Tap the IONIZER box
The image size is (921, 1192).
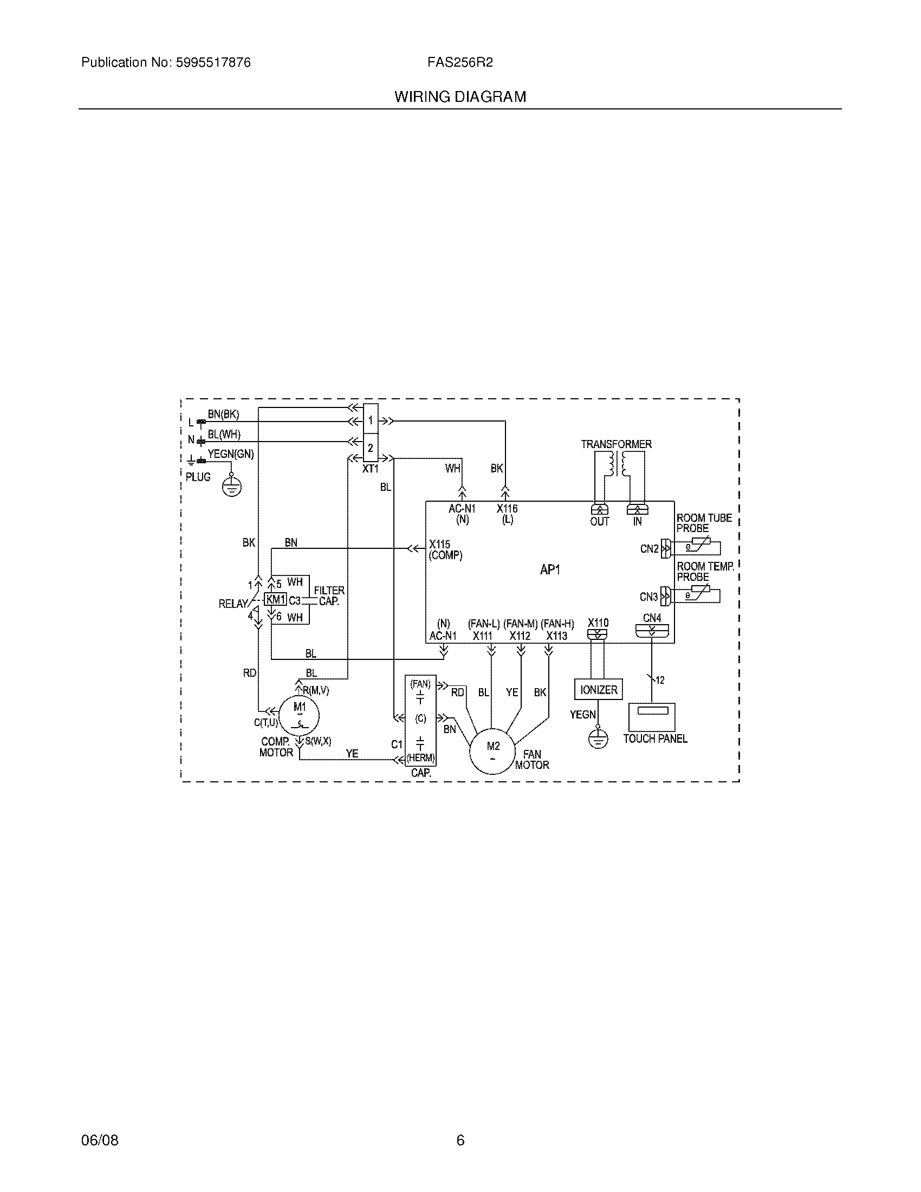pyautogui.click(x=599, y=689)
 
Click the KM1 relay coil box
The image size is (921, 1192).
pyautogui.click(x=276, y=599)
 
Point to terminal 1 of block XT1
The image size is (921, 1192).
pyautogui.click(x=371, y=420)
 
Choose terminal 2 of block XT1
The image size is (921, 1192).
pyautogui.click(x=371, y=448)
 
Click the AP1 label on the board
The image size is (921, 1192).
pyautogui.click(x=550, y=570)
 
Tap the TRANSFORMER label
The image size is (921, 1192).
pyautogui.click(x=616, y=444)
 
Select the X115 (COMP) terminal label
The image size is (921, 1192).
pyautogui.click(x=445, y=549)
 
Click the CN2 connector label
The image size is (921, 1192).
pyautogui.click(x=649, y=548)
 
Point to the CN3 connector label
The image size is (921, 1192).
pyautogui.click(x=648, y=597)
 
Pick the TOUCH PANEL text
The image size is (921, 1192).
pyautogui.click(x=656, y=738)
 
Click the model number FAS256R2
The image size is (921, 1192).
pyautogui.click(x=460, y=63)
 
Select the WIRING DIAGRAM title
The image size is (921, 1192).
pyautogui.click(x=460, y=96)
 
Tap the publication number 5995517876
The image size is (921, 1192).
pyautogui.click(x=213, y=63)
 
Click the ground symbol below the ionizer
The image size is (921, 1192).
pyautogui.click(x=598, y=740)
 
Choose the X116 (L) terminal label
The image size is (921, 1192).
pyautogui.click(x=507, y=514)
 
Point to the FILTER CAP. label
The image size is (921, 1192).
pyautogui.click(x=329, y=595)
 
